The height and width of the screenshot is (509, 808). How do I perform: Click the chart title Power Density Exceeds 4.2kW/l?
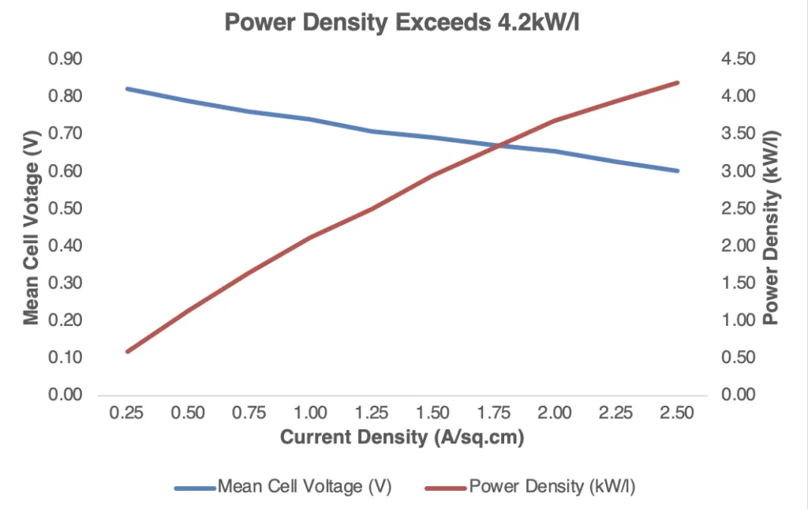point(403,22)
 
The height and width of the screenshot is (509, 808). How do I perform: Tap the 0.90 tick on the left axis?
point(67,59)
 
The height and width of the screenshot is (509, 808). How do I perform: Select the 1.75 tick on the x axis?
point(494,413)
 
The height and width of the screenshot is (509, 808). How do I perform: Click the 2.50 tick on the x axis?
point(677,413)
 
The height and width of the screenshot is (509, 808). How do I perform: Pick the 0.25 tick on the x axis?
point(128,413)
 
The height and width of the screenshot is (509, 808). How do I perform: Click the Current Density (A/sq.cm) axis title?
point(402,437)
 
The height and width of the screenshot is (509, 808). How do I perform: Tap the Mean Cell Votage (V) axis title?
point(31,226)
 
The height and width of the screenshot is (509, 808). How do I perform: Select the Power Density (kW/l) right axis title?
point(772,226)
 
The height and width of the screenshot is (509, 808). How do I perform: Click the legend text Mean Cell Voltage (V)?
point(305,486)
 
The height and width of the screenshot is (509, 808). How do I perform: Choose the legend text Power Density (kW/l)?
point(552,486)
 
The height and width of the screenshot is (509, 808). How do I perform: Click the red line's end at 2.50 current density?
point(677,82)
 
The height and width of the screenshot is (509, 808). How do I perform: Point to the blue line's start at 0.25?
point(128,88)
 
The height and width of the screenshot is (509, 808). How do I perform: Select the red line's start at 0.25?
point(128,351)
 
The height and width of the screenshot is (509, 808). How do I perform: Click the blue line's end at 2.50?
point(677,170)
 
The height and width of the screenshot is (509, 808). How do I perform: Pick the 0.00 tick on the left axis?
point(67,395)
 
